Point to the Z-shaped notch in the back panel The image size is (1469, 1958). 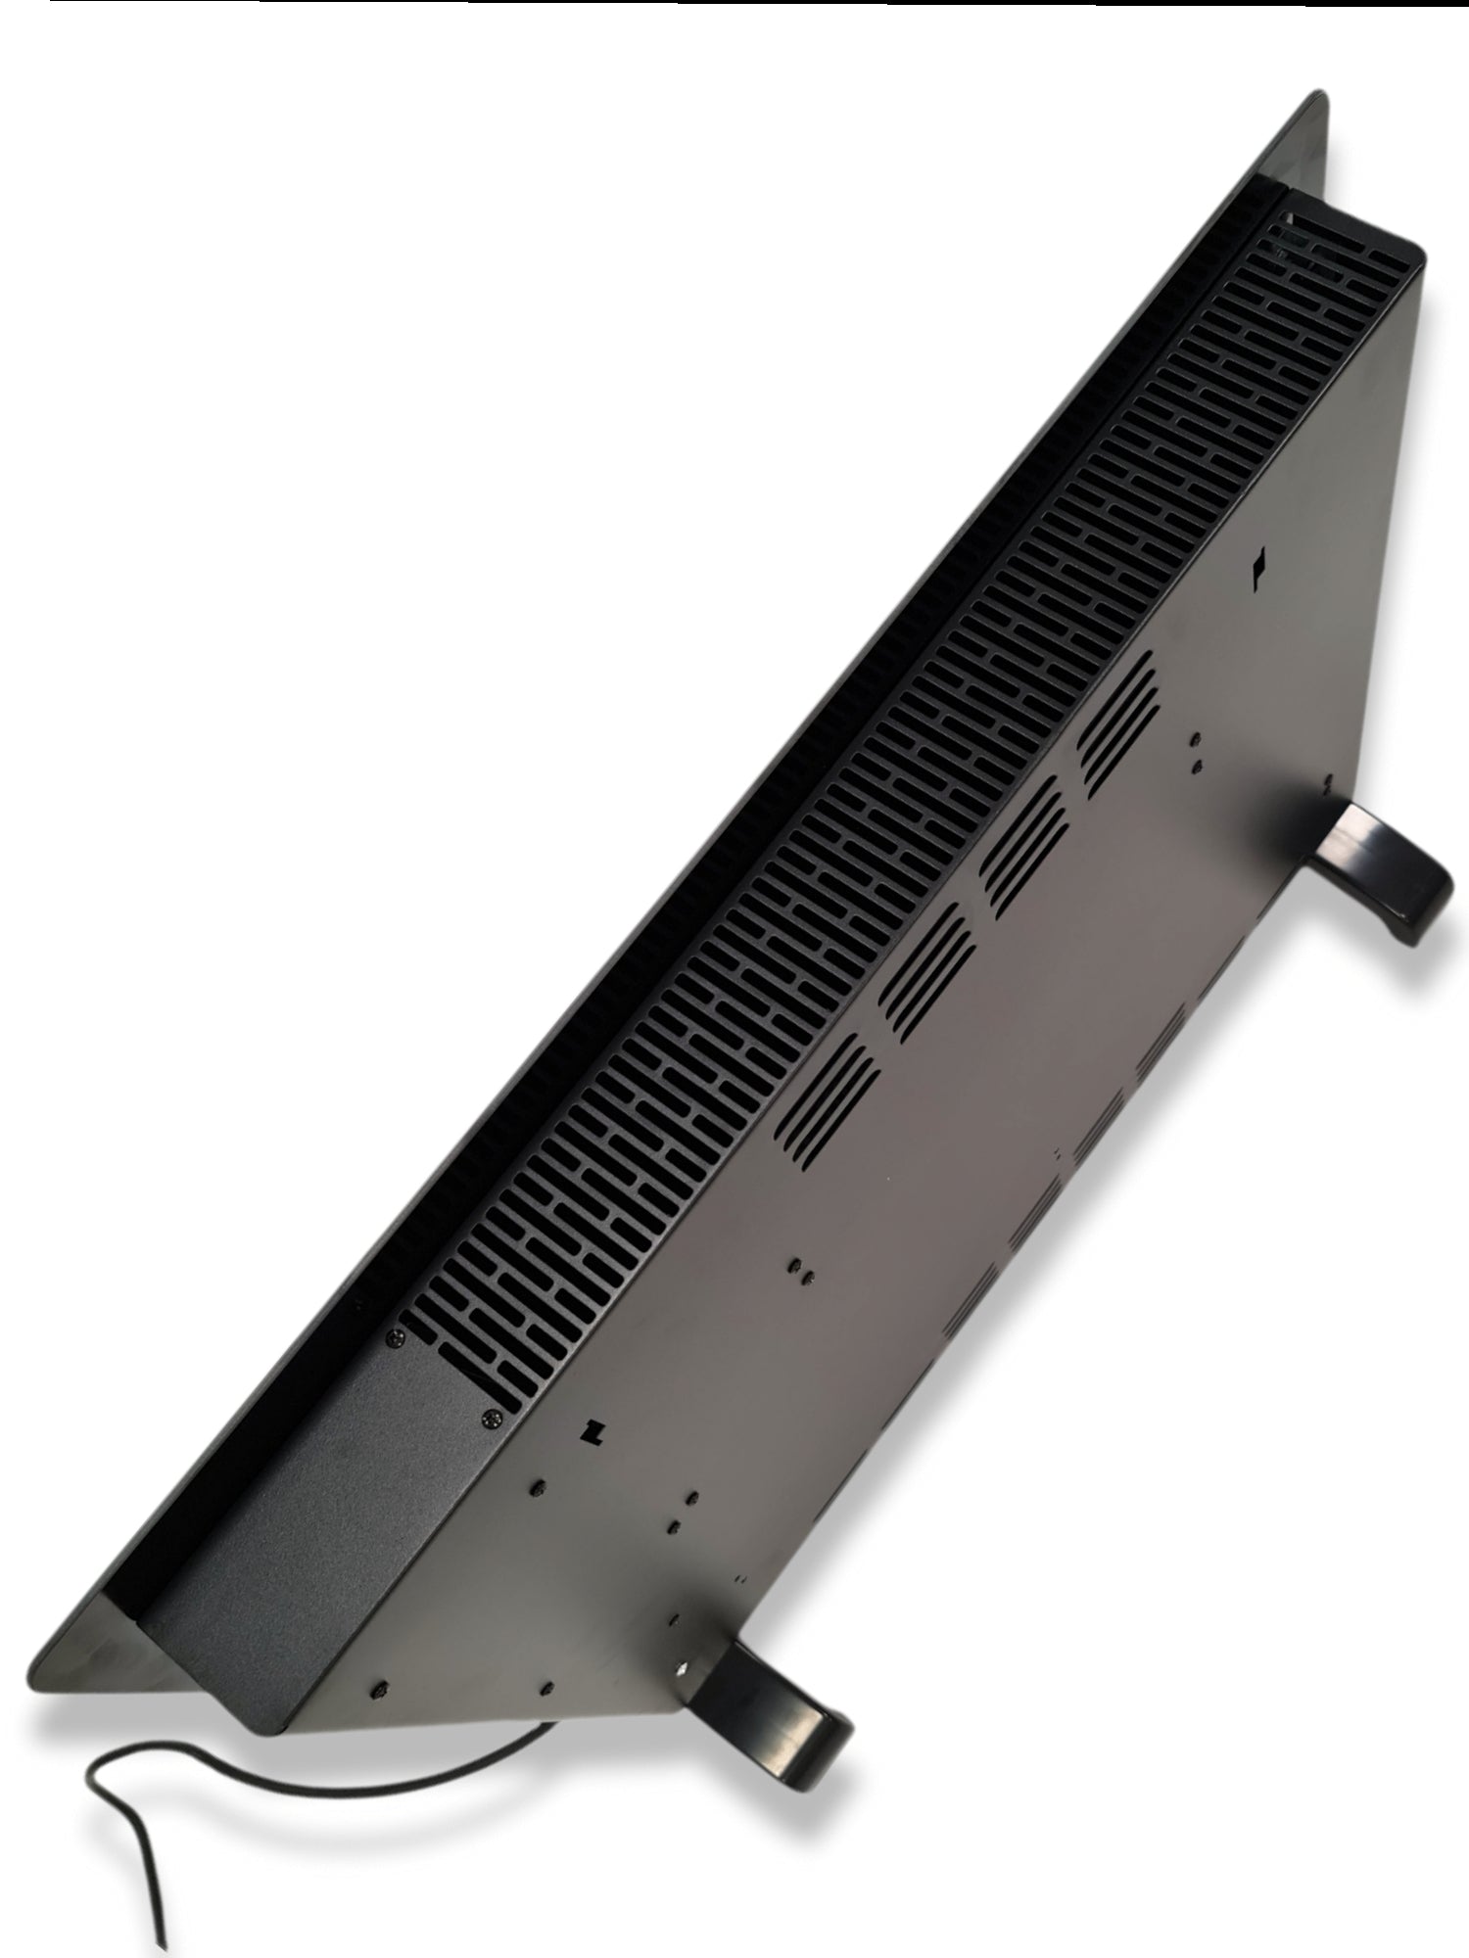coord(590,1432)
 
